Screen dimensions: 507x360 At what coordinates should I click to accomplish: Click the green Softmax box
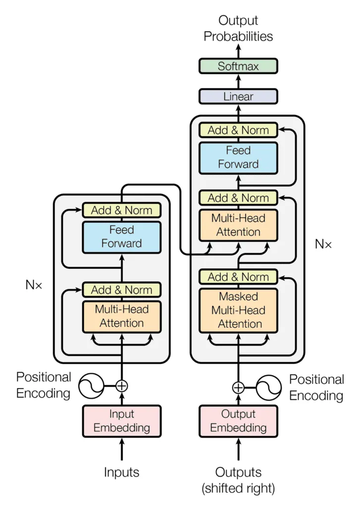[238, 66]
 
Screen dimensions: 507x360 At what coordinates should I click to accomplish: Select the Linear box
[238, 97]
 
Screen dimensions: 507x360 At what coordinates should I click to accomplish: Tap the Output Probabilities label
[238, 29]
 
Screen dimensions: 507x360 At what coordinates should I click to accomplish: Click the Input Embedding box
[122, 421]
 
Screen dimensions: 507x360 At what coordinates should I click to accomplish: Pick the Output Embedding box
[238, 421]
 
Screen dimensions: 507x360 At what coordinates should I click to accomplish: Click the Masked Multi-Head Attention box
[238, 310]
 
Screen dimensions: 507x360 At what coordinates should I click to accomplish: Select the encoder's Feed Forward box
[122, 237]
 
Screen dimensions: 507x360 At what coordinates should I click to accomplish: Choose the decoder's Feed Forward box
[238, 157]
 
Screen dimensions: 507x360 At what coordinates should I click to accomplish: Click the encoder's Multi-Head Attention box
[122, 316]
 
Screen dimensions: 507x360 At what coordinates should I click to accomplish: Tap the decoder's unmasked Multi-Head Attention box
[238, 225]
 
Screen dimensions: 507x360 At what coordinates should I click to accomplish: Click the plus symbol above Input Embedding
[122, 385]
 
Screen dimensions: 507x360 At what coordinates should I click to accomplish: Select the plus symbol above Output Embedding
[238, 387]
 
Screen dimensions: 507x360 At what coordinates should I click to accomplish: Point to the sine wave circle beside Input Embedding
[92, 385]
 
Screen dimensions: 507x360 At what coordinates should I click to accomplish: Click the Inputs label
[122, 472]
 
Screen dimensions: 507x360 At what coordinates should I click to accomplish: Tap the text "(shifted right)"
[238, 488]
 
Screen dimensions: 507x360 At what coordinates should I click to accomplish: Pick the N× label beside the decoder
[323, 244]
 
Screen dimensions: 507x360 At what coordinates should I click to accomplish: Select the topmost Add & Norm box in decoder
[238, 130]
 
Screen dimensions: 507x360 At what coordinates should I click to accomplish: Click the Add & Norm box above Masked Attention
[238, 277]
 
